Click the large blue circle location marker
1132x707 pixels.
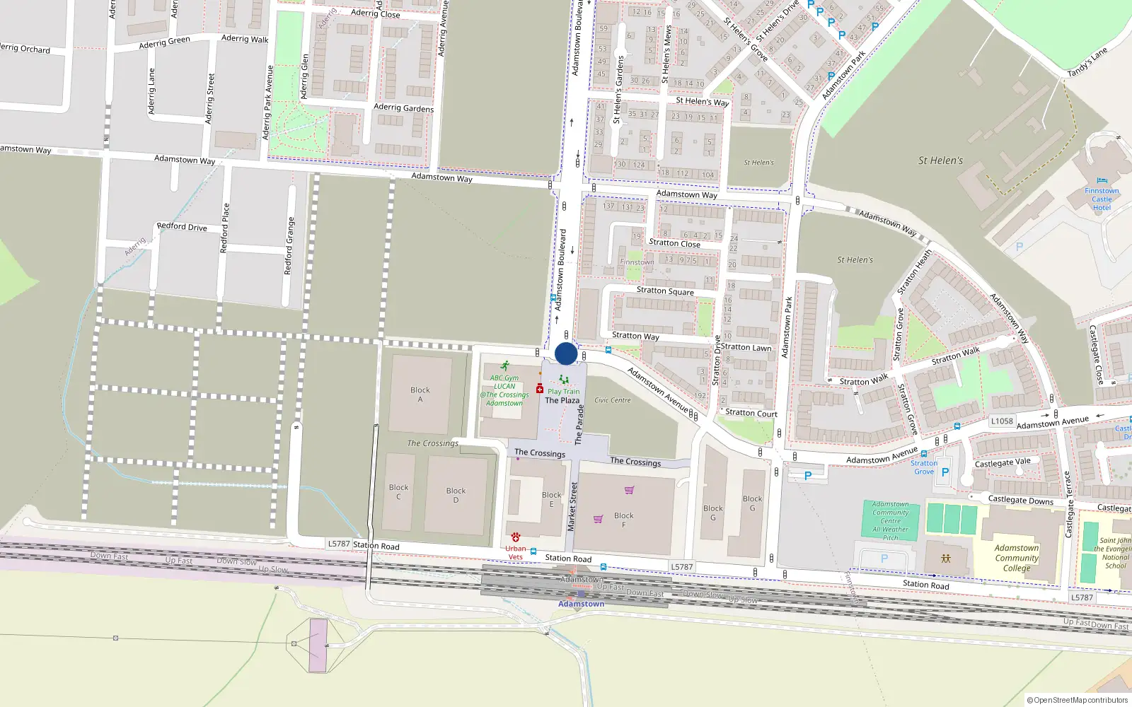coord(566,353)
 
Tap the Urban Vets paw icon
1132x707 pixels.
coord(516,537)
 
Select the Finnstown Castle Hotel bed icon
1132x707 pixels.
coord(1102,181)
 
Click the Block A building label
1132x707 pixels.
coord(420,395)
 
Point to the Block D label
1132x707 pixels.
coord(456,495)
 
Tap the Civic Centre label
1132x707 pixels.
coord(613,400)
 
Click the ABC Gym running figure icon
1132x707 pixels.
coord(504,366)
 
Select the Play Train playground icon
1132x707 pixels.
coord(563,380)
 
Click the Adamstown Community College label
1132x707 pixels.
coord(1017,558)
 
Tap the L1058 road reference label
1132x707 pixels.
coord(1002,421)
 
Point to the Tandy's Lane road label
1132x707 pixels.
coord(1087,62)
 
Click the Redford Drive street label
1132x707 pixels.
coord(182,227)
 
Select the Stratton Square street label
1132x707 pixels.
coord(665,291)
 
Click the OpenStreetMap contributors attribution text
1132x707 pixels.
coord(1078,701)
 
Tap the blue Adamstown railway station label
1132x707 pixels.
coord(581,604)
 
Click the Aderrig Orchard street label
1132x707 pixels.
coord(25,49)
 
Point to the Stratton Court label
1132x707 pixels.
coord(751,413)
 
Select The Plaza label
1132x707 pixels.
coord(562,400)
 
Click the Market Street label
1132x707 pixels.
coord(572,507)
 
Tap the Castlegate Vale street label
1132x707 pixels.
coord(1003,462)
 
